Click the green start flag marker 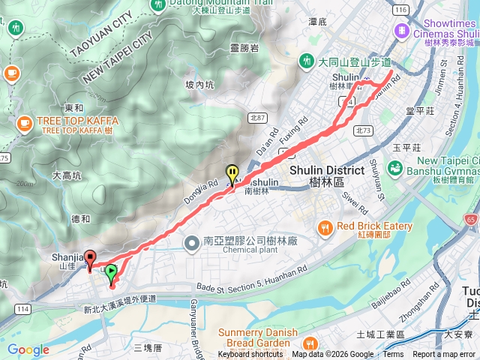tap(111, 272)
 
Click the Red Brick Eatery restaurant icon tap(325, 226)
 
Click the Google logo tap(28, 349)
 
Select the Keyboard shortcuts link tap(250, 355)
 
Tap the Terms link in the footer tap(392, 355)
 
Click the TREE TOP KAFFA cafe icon tap(24, 122)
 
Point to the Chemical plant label tap(216, 257)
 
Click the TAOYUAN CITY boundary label tap(100, 34)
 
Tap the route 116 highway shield tap(402, 8)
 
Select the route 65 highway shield tap(469, 220)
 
